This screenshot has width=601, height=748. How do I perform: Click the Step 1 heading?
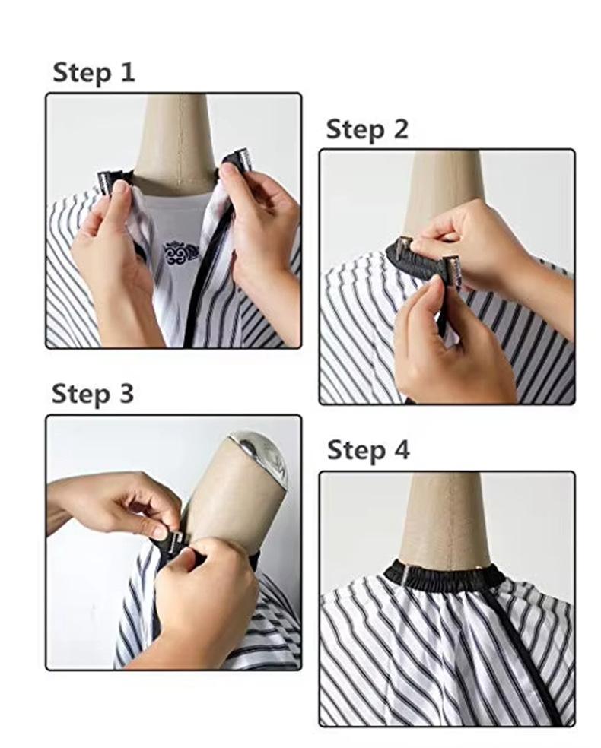pos(94,73)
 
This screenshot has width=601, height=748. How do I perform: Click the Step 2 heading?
pos(367,129)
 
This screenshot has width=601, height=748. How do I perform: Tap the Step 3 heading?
pos(93,395)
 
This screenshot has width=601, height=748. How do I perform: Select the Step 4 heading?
pos(368,450)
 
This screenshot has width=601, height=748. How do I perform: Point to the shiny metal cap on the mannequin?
pos(261,454)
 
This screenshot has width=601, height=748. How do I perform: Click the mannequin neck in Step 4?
pos(445,519)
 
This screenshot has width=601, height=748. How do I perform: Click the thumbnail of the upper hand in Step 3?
pos(161,531)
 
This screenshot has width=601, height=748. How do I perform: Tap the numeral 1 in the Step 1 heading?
pos(127,72)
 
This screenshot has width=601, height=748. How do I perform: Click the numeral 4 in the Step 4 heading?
pos(401,449)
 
